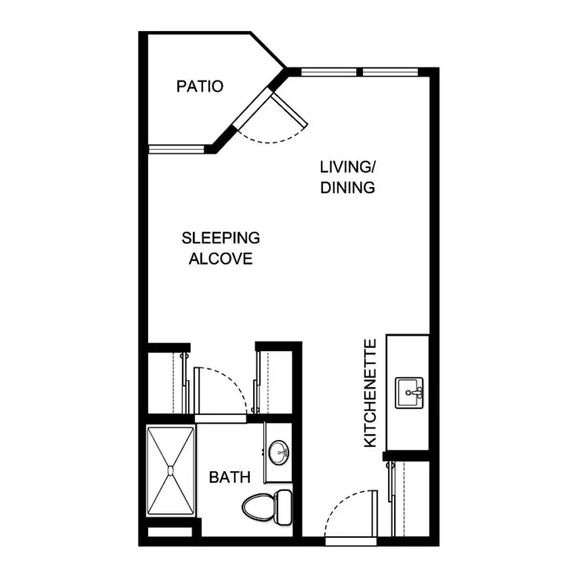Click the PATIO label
coord(200,86)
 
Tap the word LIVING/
coord(347,167)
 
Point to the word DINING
coord(347,188)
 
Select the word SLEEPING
coord(221,238)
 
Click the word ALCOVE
coord(221,259)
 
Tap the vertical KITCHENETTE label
coord(370,393)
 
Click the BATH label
coord(229,477)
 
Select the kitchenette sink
coord(409,392)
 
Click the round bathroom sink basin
coord(279,453)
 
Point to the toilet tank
coord(284,507)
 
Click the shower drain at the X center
coord(171,470)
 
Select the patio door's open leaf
coord(290,110)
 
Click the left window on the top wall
coord(329,72)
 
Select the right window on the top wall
coord(390,72)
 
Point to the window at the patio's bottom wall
coord(176,149)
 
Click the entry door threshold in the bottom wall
coord(351,541)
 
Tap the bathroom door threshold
coord(220,418)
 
